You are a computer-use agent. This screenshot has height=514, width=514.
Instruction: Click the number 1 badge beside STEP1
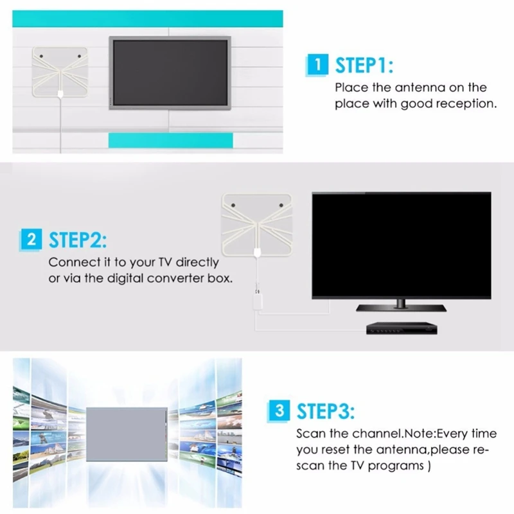(x=315, y=65)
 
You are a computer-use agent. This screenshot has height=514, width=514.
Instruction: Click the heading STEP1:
(x=364, y=65)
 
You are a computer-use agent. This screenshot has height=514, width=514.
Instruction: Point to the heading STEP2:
(x=76, y=241)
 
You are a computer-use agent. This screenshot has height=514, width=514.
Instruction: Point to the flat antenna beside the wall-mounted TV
(x=59, y=73)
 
